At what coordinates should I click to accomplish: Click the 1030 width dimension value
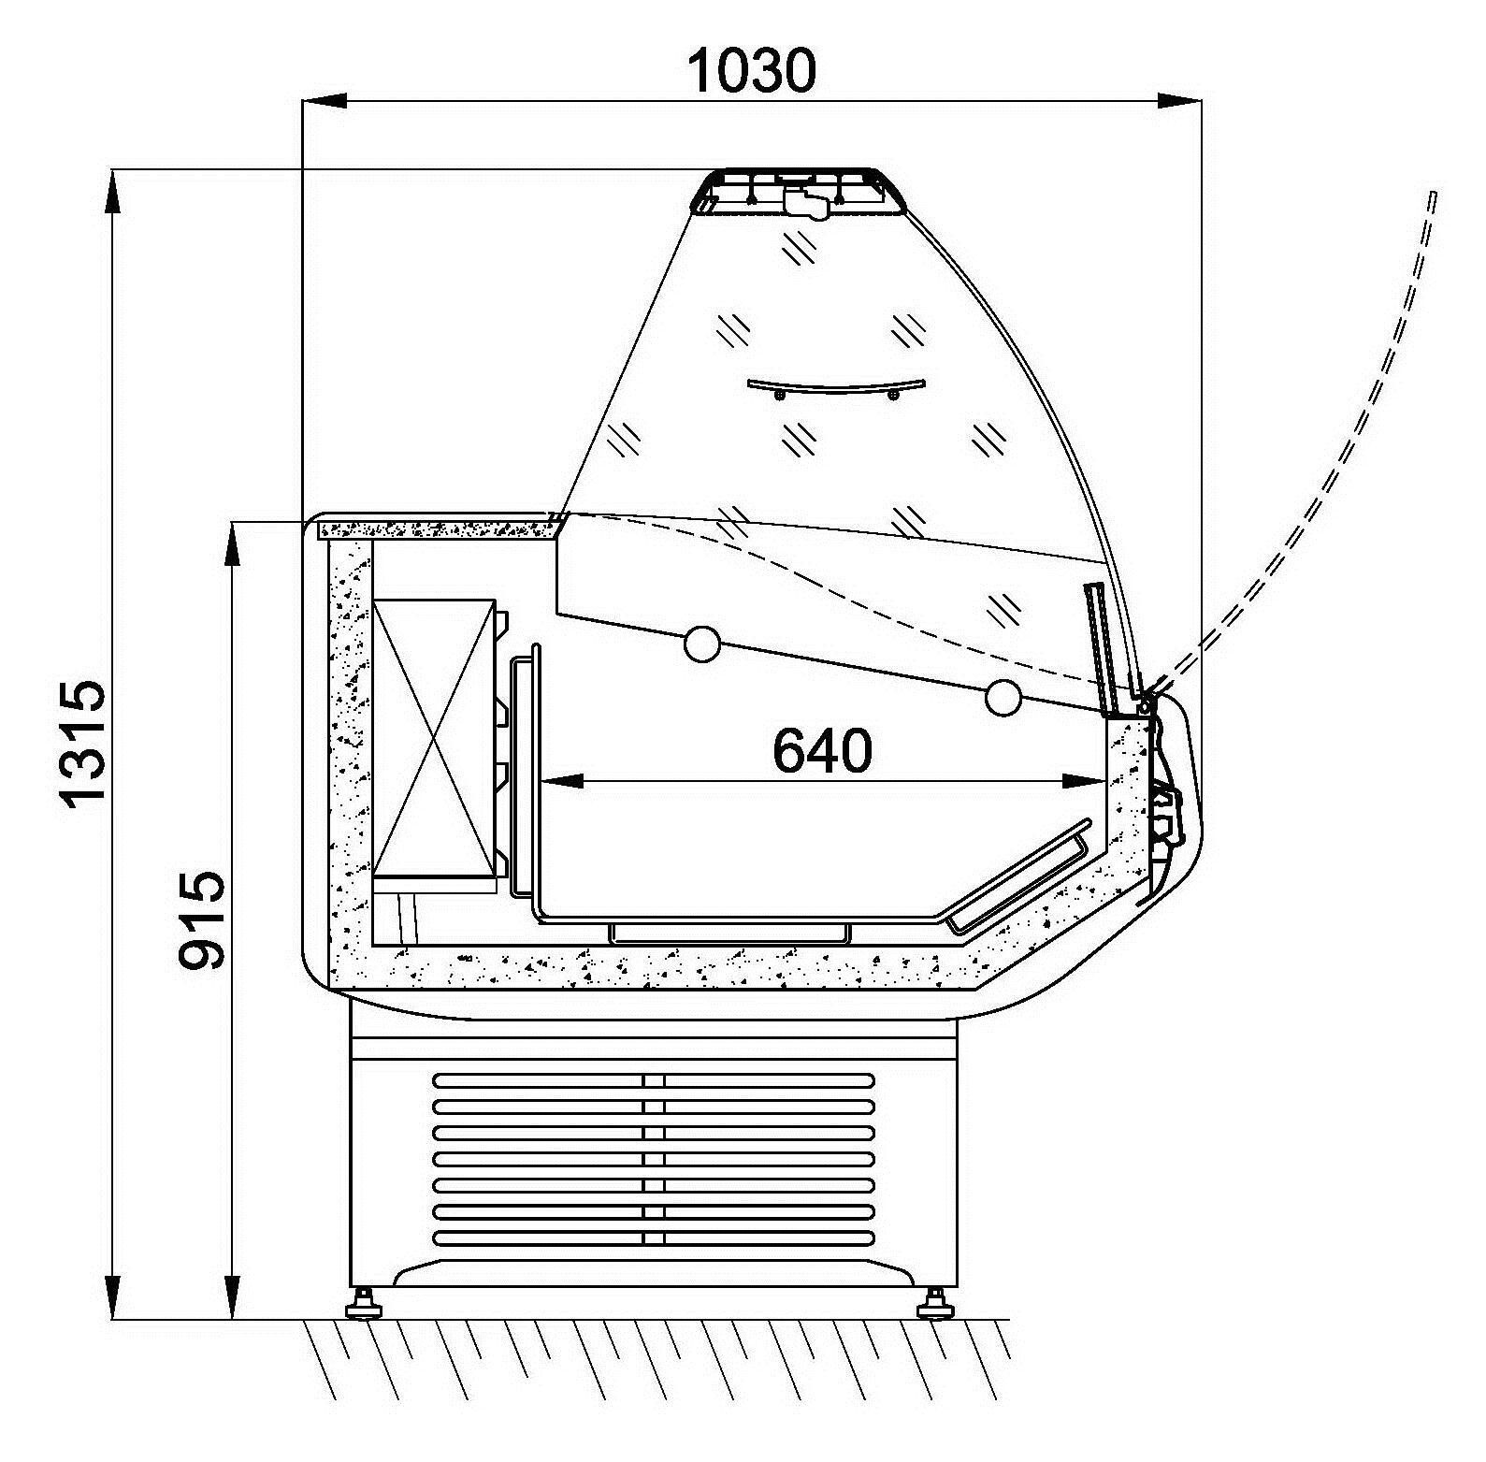point(752,70)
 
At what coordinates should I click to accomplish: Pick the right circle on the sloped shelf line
point(1003,698)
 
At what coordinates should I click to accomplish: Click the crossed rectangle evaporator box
point(434,738)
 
